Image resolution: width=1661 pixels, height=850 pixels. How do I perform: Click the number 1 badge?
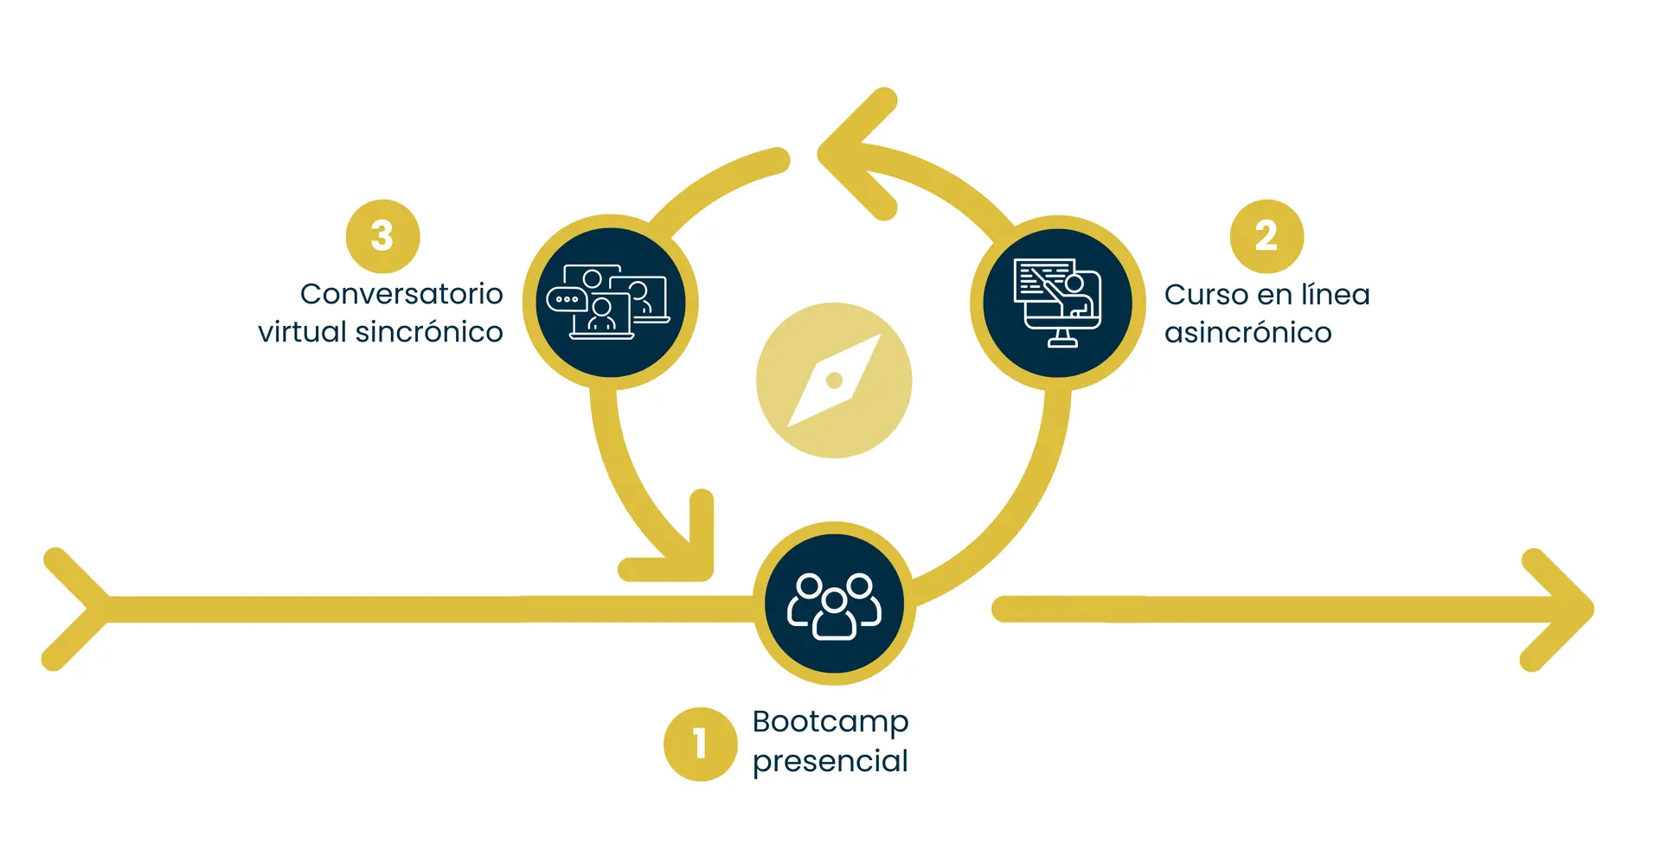click(x=700, y=744)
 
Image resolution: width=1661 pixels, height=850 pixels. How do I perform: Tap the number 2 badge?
click(x=1267, y=236)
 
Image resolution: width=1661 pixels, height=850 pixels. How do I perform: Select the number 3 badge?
click(x=382, y=236)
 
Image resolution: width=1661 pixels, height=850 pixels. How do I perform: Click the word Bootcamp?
click(x=830, y=721)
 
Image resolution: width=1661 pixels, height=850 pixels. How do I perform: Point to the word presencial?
click(x=830, y=761)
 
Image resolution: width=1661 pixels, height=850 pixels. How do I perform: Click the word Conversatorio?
click(x=401, y=294)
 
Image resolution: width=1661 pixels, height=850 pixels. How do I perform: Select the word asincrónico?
click(x=1247, y=333)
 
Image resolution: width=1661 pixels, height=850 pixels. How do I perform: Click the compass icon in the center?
click(x=834, y=380)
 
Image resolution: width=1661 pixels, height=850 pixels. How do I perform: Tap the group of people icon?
click(x=834, y=604)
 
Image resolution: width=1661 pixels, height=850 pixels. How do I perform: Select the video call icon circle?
click(x=610, y=303)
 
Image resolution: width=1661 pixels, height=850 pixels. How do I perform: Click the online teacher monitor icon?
click(x=1058, y=303)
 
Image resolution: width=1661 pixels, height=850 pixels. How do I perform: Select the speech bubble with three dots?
click(x=567, y=299)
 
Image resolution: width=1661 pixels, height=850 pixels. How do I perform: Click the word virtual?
click(x=302, y=332)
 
